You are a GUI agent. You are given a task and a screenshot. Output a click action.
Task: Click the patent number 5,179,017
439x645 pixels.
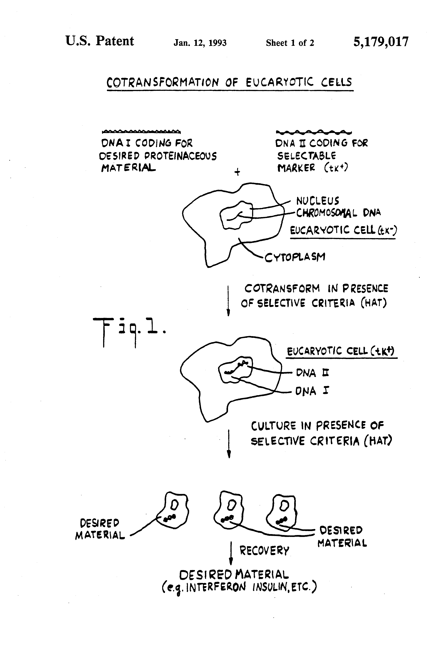pyautogui.click(x=381, y=42)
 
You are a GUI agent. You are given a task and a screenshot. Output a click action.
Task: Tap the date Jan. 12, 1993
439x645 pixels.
pyautogui.click(x=200, y=43)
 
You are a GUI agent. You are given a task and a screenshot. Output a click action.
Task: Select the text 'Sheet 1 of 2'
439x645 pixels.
pyautogui.click(x=290, y=43)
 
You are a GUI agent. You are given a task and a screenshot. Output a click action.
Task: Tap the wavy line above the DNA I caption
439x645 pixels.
pyautogui.click(x=141, y=131)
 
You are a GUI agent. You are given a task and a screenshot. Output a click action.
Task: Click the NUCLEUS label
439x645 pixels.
pyautogui.click(x=318, y=201)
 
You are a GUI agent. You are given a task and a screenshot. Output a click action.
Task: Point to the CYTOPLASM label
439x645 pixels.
pyautogui.click(x=295, y=257)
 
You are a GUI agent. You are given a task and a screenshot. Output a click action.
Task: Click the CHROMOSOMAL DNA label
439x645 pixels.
pyautogui.click(x=338, y=213)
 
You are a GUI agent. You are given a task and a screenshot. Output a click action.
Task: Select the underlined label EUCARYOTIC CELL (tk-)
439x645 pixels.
pyautogui.click(x=343, y=230)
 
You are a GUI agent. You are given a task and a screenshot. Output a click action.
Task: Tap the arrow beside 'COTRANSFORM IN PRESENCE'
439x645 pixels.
pyautogui.click(x=228, y=301)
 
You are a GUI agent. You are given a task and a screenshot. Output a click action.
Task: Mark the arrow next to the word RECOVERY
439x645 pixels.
pyautogui.click(x=231, y=553)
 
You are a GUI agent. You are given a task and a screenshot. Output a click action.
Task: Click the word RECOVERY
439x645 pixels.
pyautogui.click(x=264, y=550)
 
